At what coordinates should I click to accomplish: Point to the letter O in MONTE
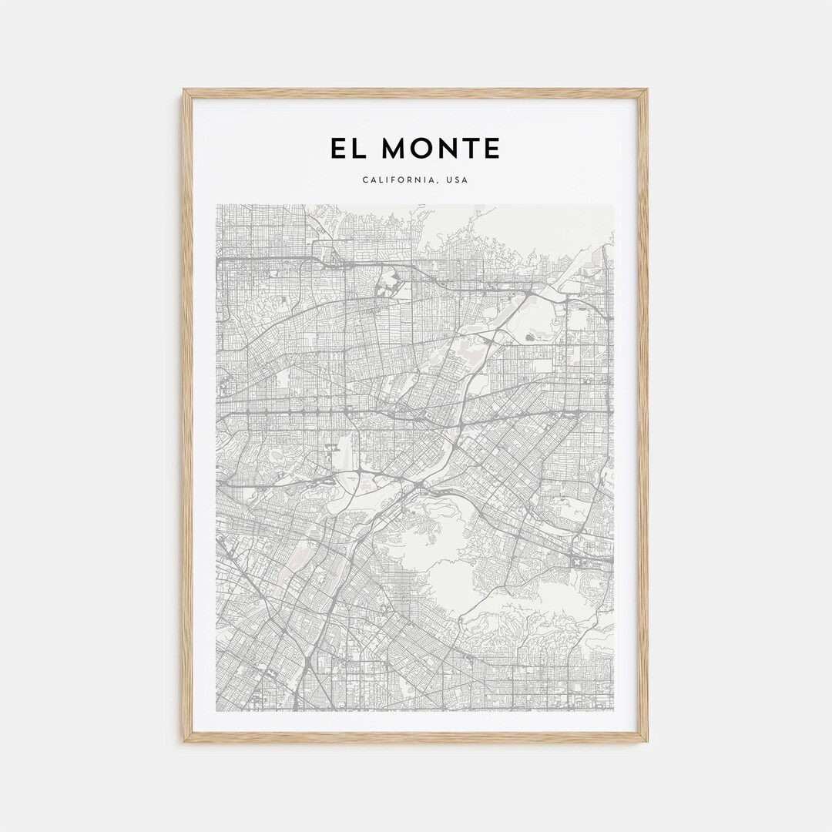click(x=423, y=148)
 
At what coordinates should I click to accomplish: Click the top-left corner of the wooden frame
click(x=184, y=90)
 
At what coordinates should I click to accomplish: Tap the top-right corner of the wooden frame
click(x=647, y=90)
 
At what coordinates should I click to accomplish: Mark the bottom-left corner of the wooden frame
click(x=184, y=741)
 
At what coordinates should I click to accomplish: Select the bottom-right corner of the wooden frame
click(x=647, y=741)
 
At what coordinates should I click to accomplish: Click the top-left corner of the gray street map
click(x=217, y=205)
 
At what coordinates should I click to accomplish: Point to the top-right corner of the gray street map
click(x=613, y=205)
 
